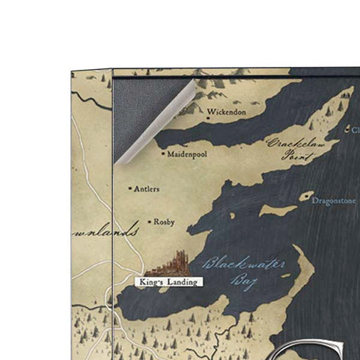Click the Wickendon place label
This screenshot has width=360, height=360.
coord(227,113)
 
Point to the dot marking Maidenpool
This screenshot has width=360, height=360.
coord(163,154)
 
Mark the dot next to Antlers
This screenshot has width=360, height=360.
coord(131,188)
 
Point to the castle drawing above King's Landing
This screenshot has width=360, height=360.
coord(173,262)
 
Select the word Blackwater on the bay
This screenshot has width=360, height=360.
coord(236,263)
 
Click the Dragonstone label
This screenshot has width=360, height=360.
coord(334,200)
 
